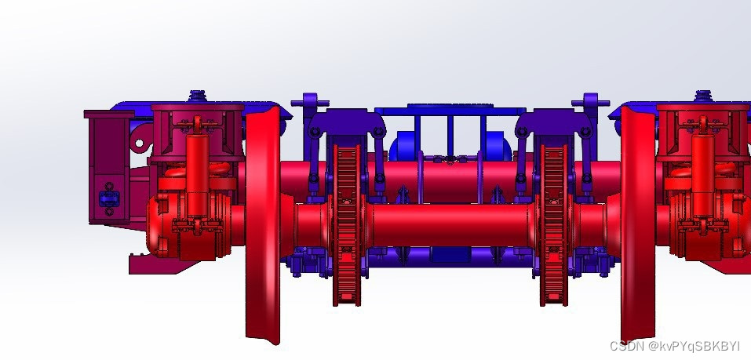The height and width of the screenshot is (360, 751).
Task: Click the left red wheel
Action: point(262,225)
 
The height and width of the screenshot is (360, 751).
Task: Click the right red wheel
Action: point(637,225)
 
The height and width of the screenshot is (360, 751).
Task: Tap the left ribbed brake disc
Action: point(347,225)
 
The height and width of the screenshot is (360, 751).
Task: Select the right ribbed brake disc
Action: point(554,225)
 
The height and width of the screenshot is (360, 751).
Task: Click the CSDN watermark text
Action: point(675,346)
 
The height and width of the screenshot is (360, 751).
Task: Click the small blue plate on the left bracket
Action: point(109,198)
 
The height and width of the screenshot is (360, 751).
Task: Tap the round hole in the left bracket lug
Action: point(140,143)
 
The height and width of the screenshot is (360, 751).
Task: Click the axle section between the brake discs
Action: point(450,225)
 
